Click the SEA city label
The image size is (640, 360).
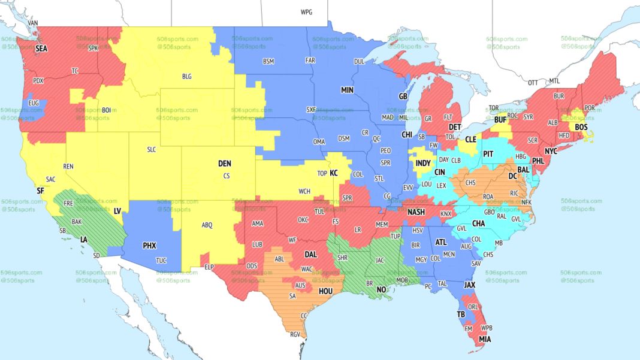[x=41, y=48]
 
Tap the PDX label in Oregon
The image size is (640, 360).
[x=38, y=80]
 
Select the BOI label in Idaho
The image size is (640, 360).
[x=107, y=110]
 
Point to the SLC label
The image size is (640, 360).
[x=151, y=150]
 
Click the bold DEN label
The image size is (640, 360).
[x=224, y=163]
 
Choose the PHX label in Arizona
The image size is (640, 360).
[x=149, y=245]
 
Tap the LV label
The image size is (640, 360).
[x=117, y=211]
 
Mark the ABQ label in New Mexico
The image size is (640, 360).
[x=207, y=225]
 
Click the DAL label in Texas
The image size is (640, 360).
[x=310, y=253]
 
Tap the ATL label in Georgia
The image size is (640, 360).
[x=441, y=242]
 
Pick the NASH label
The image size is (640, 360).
[x=416, y=212]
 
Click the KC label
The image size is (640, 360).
[x=334, y=173]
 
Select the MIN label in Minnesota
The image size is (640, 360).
[x=348, y=90]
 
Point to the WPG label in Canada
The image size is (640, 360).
[x=306, y=12]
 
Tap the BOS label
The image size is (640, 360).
[x=581, y=127]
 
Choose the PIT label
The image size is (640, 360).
[x=488, y=154]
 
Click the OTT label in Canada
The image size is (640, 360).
[x=533, y=82]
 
